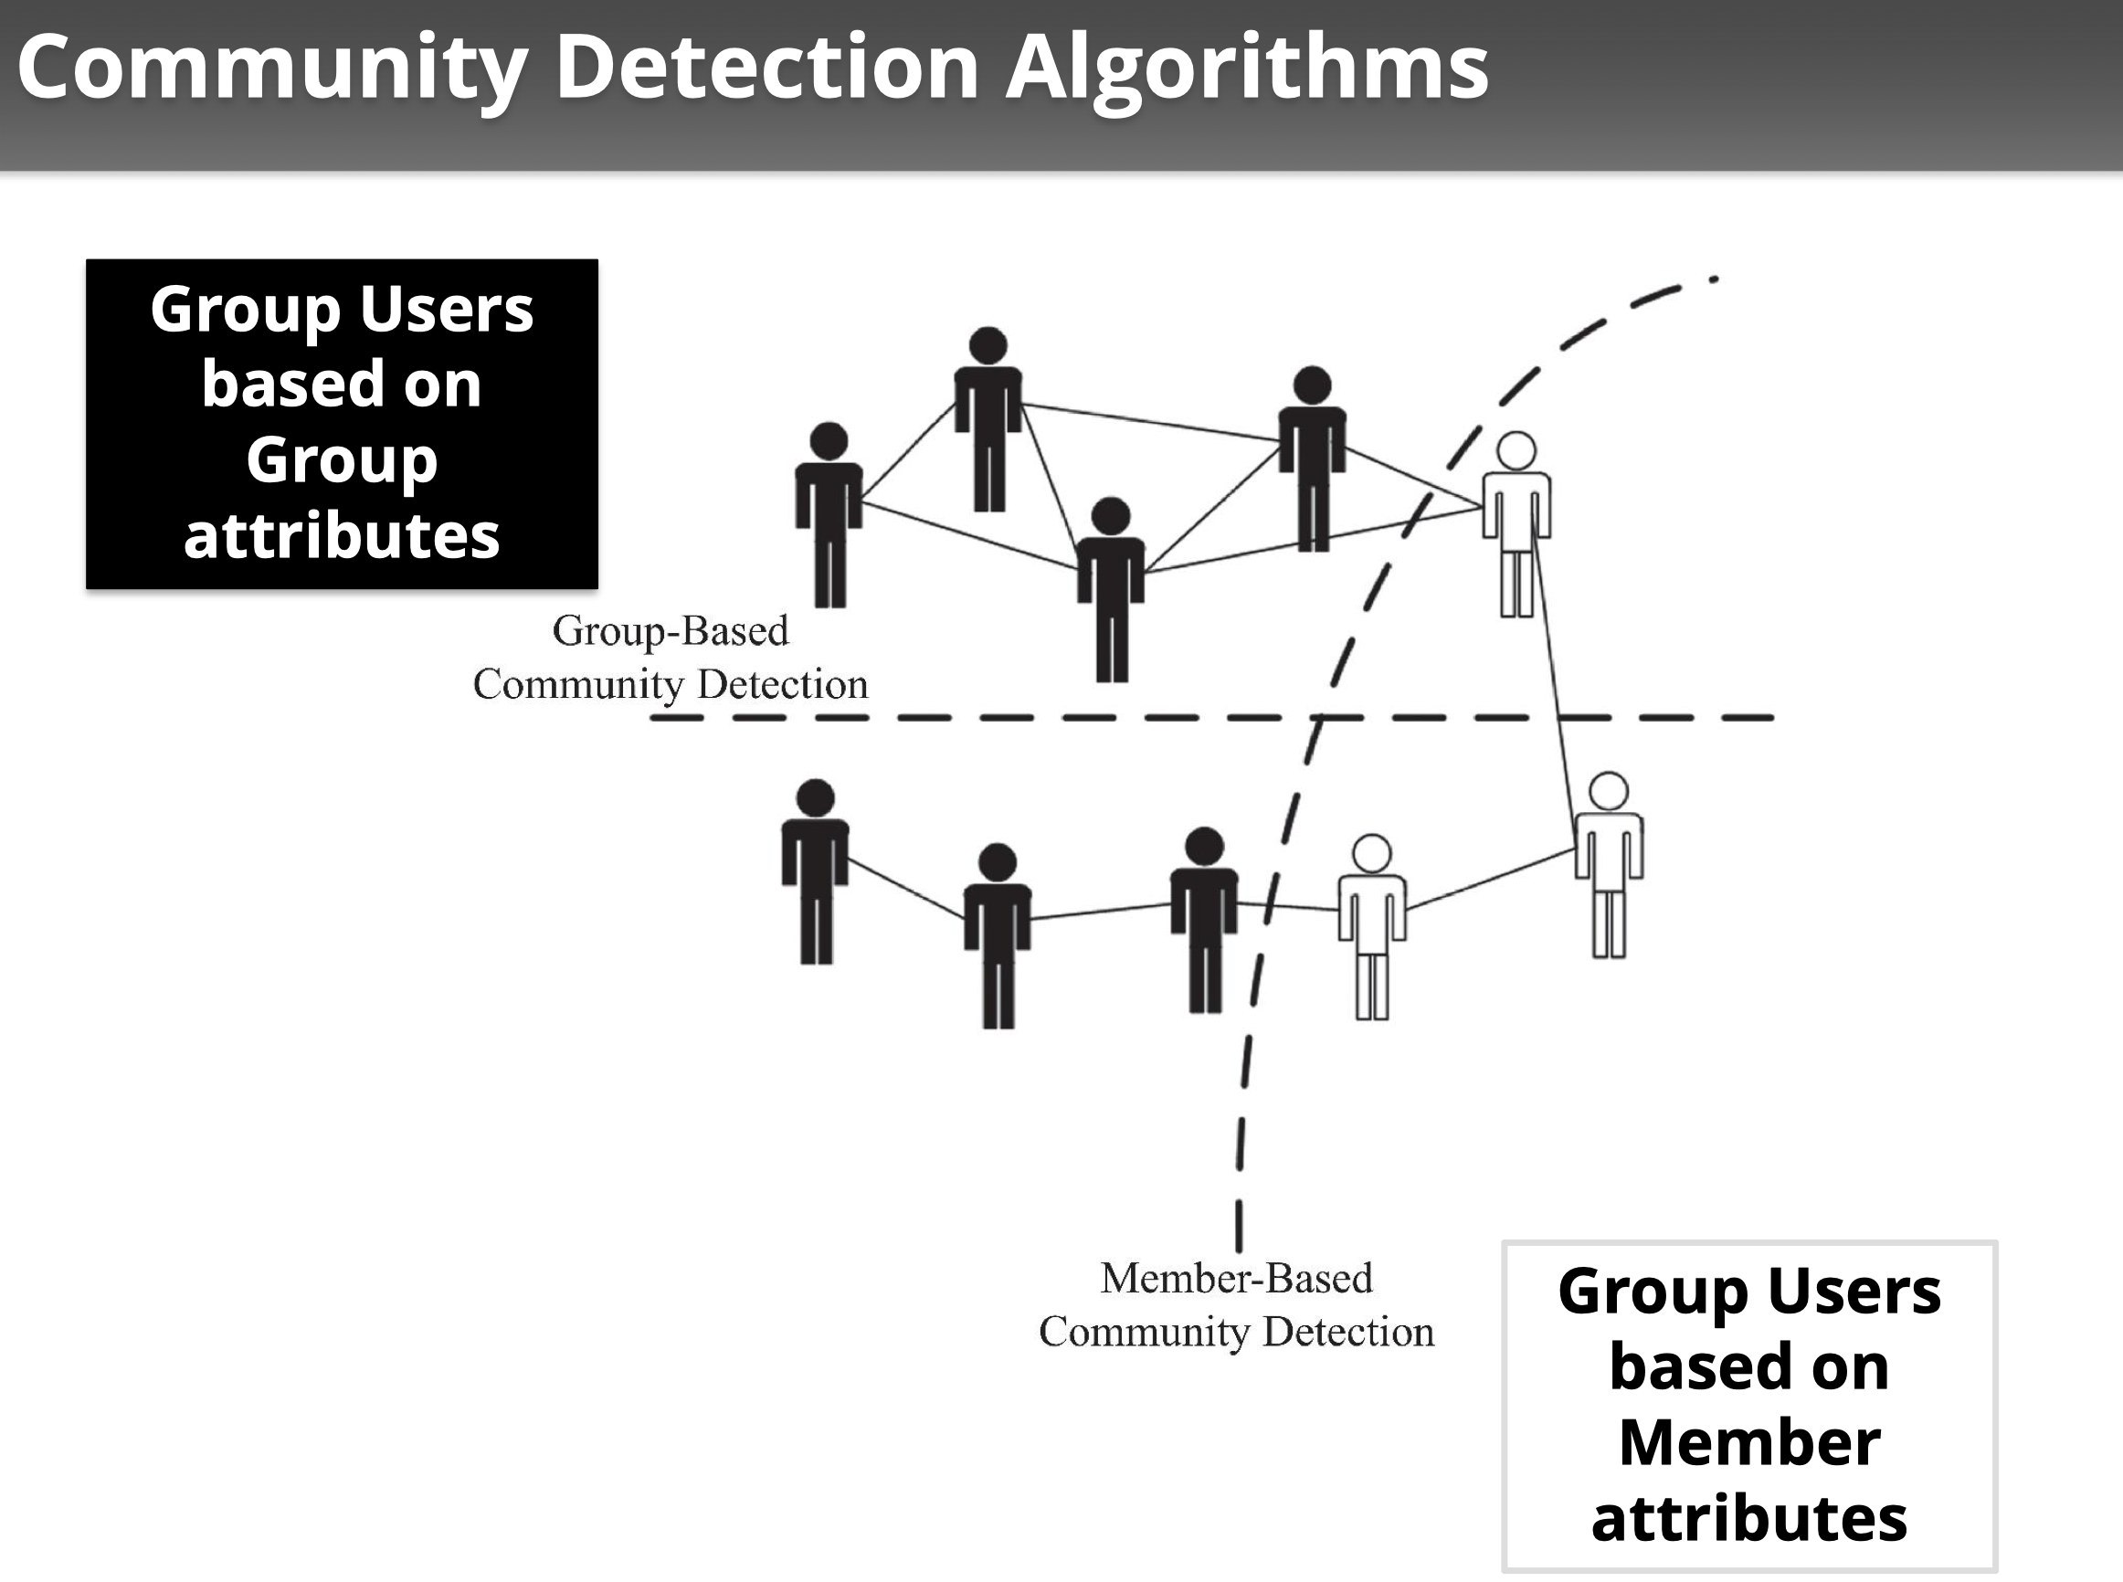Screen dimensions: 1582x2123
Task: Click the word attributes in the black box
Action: pyautogui.click(x=342, y=535)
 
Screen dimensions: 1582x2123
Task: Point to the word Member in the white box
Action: pyautogui.click(x=1748, y=1442)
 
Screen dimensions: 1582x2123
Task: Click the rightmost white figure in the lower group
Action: pyautogui.click(x=1609, y=862)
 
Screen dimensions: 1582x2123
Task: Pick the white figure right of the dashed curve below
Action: pyautogui.click(x=1372, y=924)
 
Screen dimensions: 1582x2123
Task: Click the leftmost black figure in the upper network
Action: pyautogui.click(x=829, y=512)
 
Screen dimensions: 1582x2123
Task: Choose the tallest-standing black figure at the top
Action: pyautogui.click(x=988, y=417)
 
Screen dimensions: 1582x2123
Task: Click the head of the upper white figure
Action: pyautogui.click(x=1516, y=451)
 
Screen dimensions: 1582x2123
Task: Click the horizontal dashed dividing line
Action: pyautogui.click(x=1053, y=717)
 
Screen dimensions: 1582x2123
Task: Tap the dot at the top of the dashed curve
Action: pyautogui.click(x=1713, y=279)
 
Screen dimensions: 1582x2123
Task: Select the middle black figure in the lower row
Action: pyautogui.click(x=998, y=933)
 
